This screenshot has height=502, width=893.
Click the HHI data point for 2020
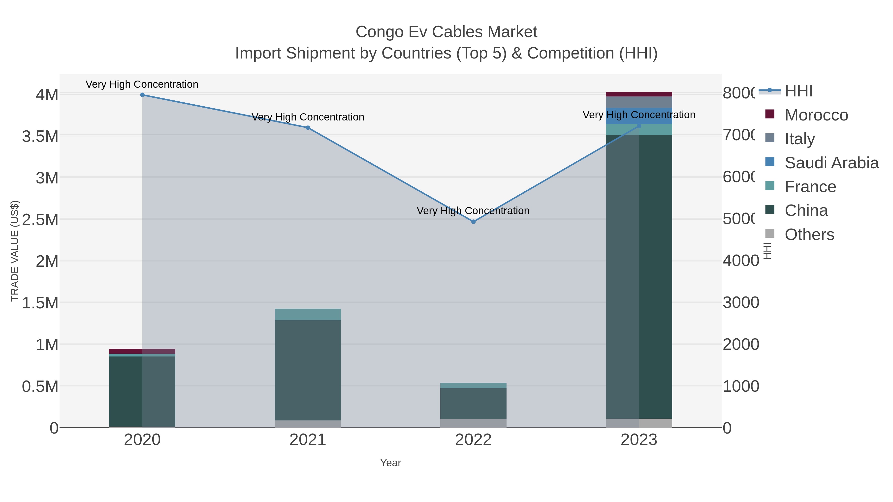coord(142,95)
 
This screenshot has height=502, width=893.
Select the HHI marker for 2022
coord(474,222)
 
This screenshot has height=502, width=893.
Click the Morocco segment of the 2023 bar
coord(639,94)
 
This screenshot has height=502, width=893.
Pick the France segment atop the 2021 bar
coord(308,315)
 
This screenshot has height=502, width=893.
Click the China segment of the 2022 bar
coord(473,404)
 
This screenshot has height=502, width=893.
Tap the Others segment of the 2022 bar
coord(473,423)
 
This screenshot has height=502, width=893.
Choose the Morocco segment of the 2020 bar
coord(142,351)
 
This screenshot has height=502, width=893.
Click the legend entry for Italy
coord(799,139)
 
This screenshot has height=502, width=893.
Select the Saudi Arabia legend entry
coord(831,163)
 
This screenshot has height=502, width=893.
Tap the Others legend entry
coord(809,235)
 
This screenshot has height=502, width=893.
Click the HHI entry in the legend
coord(798,91)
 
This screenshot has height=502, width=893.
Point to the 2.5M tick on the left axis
coord(40,220)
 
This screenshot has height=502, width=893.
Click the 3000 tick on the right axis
coord(741,303)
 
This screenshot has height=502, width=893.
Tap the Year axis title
coord(390,463)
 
